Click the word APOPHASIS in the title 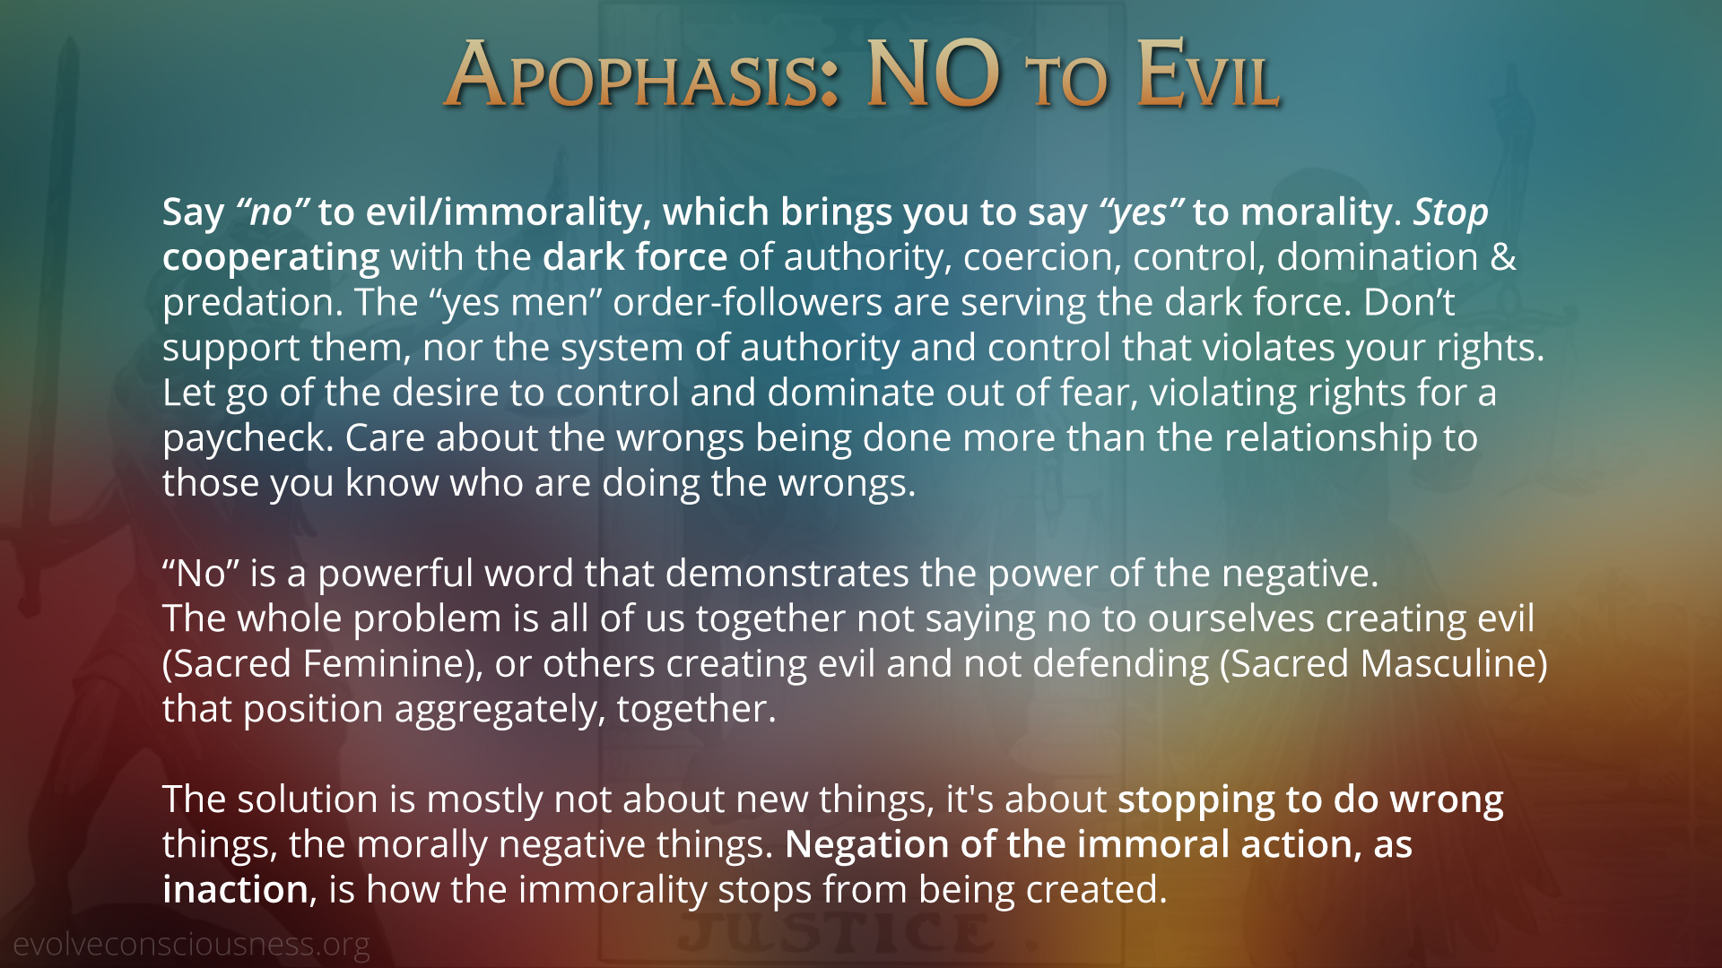(641, 74)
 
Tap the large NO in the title (934, 73)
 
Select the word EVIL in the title (1208, 74)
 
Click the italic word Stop (1451, 212)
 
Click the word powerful (396, 575)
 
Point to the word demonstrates (787, 574)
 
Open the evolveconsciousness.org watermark (191, 945)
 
